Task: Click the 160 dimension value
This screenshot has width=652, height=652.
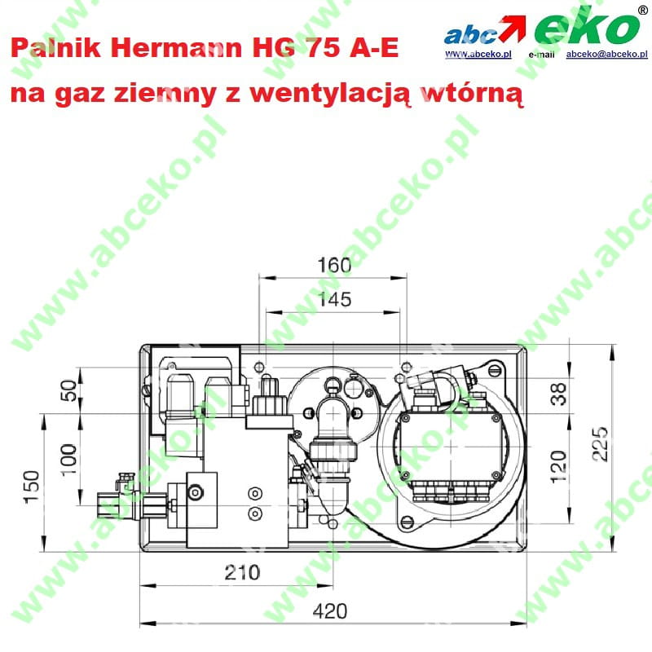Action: tap(334, 266)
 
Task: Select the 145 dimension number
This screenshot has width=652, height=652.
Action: tap(334, 299)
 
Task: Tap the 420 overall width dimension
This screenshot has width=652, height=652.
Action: tap(330, 611)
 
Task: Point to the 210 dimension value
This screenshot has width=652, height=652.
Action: tap(242, 573)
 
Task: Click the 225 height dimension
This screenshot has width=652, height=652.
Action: tap(600, 444)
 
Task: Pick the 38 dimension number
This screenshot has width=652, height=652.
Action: tap(558, 394)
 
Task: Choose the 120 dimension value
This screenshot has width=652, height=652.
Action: tap(558, 466)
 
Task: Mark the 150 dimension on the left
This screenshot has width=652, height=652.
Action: tap(32, 487)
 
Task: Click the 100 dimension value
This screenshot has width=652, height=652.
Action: tap(69, 460)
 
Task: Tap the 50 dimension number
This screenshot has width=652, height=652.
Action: tap(69, 390)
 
